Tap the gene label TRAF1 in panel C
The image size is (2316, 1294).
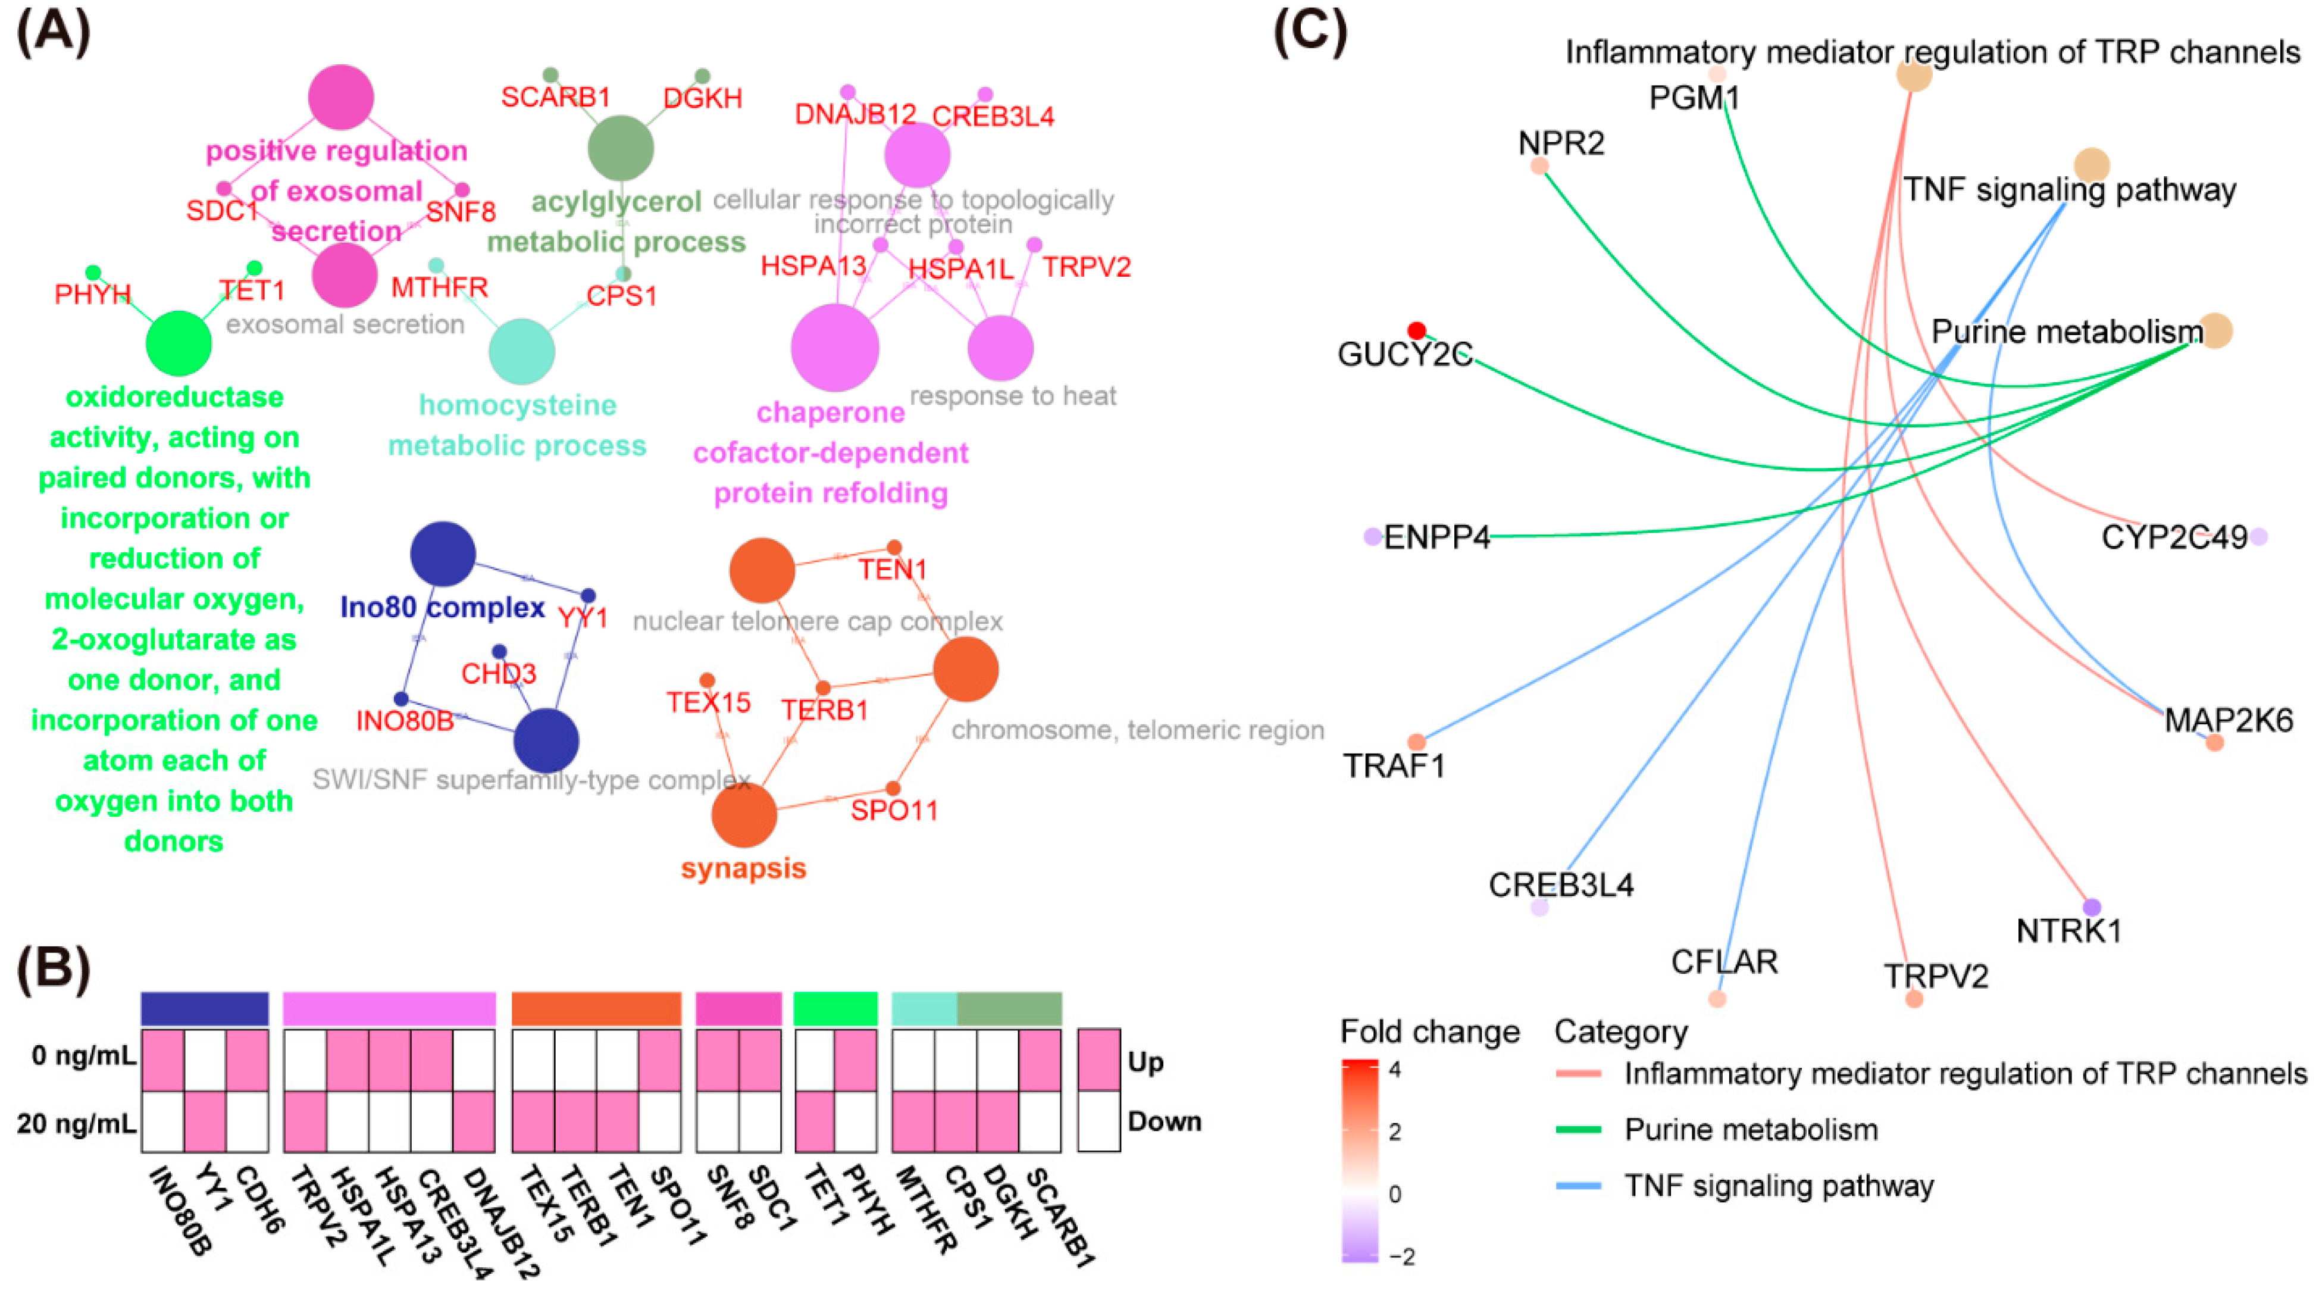pos(1394,766)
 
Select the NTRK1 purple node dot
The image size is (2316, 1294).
pos(2092,907)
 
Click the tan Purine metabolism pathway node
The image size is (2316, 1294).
pos(2215,331)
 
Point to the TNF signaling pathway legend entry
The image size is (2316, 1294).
pos(1778,1186)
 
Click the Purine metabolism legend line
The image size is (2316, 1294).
pos(1579,1130)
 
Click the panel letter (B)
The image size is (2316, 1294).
pos(54,970)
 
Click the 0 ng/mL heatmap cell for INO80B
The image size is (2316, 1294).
pos(162,1060)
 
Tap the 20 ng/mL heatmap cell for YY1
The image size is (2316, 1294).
pos(205,1121)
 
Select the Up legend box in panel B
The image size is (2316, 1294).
pos(1098,1060)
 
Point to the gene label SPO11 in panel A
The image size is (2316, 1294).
pos(894,810)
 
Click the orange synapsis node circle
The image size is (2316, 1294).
pos(743,815)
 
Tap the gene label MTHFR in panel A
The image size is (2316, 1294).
pos(439,287)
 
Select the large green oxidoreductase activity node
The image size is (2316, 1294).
pos(179,343)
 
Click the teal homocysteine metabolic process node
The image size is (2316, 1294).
pos(521,351)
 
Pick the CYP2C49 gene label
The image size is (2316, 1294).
pos(2173,537)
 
